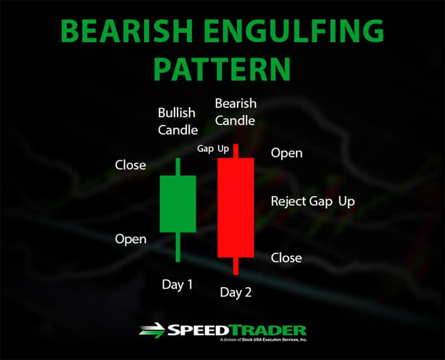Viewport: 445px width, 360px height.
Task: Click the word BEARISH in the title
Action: pyautogui.click(x=126, y=31)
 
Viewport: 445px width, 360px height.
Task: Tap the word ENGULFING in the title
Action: pyautogui.click(x=294, y=31)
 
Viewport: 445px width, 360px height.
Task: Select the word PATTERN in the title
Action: pyautogui.click(x=222, y=69)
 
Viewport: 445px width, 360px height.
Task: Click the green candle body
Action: pyautogui.click(x=178, y=204)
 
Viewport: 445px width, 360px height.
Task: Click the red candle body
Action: pyautogui.click(x=235, y=207)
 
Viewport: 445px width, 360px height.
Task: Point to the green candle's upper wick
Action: pyautogui.click(x=178, y=167)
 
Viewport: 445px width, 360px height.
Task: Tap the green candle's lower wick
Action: pyautogui.click(x=178, y=247)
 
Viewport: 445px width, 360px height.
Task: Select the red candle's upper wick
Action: pyautogui.click(x=235, y=151)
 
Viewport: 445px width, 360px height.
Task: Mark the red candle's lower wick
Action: pyautogui.click(x=235, y=266)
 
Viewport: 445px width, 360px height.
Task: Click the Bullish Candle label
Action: pyautogui.click(x=178, y=121)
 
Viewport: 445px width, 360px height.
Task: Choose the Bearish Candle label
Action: pyautogui.click(x=235, y=112)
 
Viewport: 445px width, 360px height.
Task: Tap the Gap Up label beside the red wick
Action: pyautogui.click(x=213, y=149)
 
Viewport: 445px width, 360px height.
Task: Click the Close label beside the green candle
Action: pyautogui.click(x=131, y=165)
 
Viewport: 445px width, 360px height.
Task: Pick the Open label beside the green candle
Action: pyautogui.click(x=131, y=240)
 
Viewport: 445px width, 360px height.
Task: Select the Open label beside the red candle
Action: pyautogui.click(x=287, y=153)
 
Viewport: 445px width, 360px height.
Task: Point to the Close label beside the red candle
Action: pyautogui.click(x=287, y=258)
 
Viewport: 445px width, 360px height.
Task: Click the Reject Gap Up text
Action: pyautogui.click(x=313, y=202)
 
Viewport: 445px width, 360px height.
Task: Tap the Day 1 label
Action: pyautogui.click(x=178, y=284)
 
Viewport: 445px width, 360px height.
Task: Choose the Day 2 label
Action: pyautogui.click(x=236, y=292)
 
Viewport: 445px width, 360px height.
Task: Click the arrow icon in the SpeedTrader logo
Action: pyautogui.click(x=152, y=331)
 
